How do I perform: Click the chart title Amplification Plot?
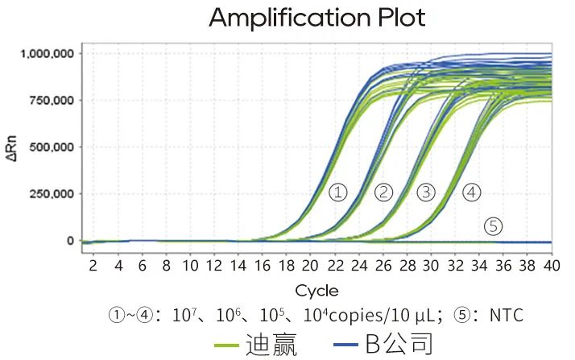316,18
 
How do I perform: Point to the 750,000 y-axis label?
50,100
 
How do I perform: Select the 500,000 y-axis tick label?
50,147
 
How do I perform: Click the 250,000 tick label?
50,194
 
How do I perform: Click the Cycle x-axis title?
316,290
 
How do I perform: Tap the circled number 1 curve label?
338,192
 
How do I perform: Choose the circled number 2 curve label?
383,192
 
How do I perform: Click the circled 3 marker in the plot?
426,192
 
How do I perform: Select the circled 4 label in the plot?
471,192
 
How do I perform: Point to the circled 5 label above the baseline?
493,226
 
